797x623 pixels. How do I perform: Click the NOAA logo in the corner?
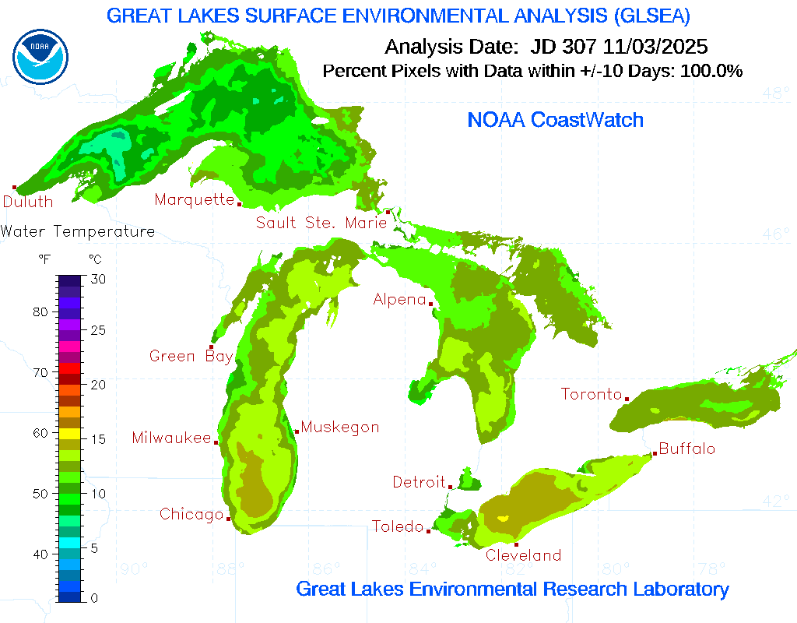click(40, 57)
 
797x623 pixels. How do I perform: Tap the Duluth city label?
click(28, 202)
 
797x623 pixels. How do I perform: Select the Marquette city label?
click(194, 200)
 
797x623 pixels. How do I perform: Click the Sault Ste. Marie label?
click(321, 224)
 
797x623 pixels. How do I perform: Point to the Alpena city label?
click(399, 299)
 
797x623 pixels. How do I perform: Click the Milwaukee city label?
click(171, 438)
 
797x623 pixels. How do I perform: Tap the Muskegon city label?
click(340, 427)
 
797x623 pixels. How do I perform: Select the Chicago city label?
click(191, 514)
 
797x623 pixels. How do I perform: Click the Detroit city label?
click(419, 482)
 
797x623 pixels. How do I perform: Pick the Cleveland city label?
click(523, 555)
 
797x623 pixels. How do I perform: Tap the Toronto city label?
click(592, 394)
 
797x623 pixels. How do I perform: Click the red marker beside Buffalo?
click(655, 453)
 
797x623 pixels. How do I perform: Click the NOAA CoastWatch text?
click(555, 120)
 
